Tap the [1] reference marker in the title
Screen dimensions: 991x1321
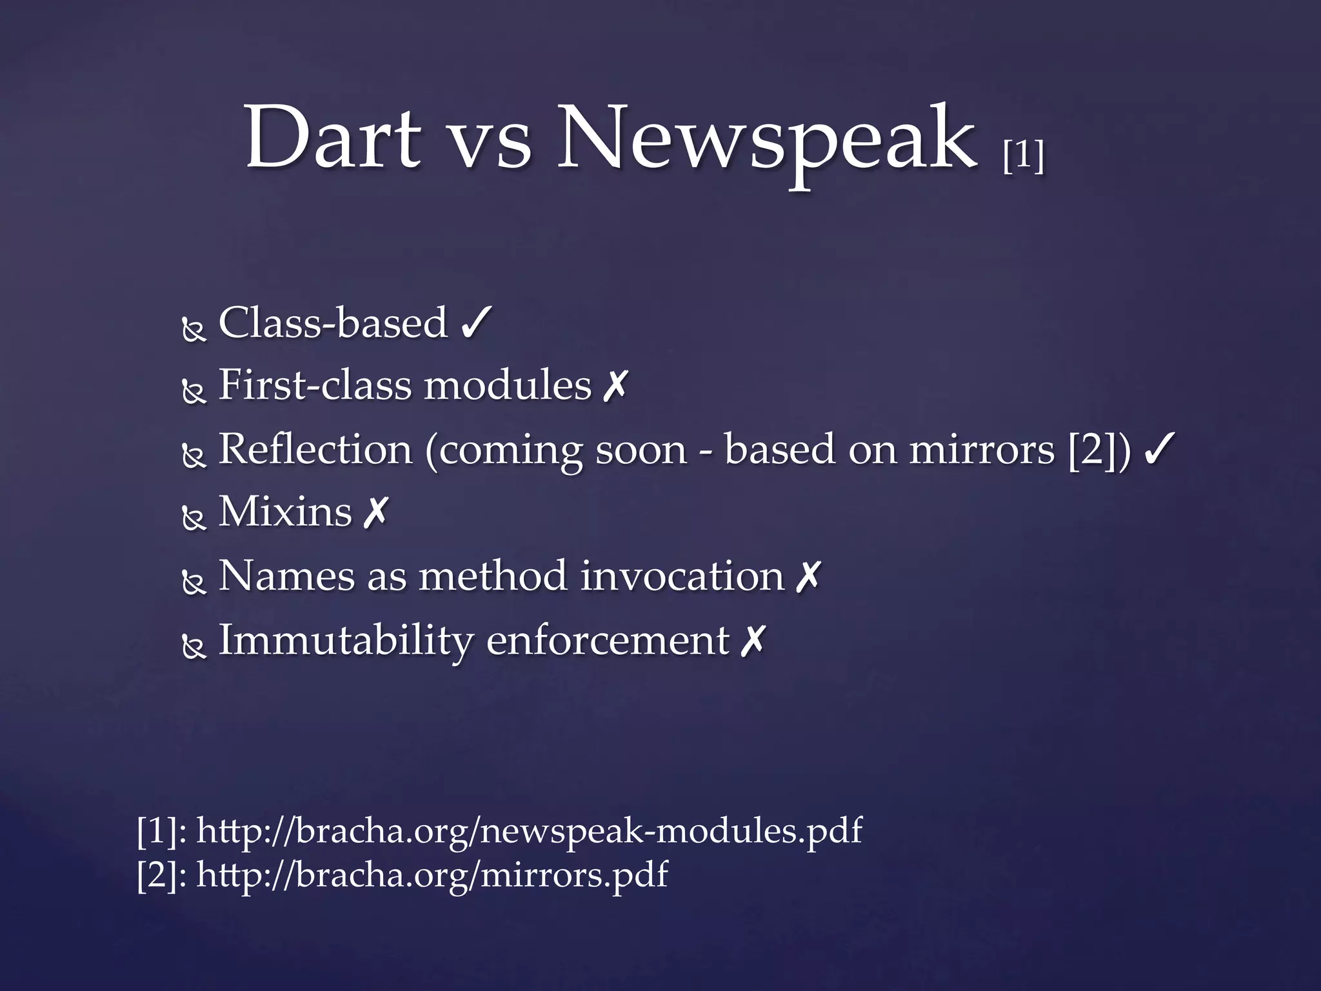[x=1023, y=155]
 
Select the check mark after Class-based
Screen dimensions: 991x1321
[x=477, y=323]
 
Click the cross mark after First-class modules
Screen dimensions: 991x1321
[x=614, y=386]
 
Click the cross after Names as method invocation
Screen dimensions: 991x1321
[x=808, y=576]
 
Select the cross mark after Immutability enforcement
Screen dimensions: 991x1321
[x=752, y=641]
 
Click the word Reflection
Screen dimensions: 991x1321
[x=315, y=449]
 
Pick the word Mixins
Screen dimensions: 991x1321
[x=285, y=512]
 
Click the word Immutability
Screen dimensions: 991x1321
[x=346, y=641]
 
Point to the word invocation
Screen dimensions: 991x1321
[x=682, y=576]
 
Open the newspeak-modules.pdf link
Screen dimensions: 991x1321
[x=529, y=830]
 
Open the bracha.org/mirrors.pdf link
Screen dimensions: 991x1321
[x=432, y=876]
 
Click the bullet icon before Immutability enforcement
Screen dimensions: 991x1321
[x=194, y=648]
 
